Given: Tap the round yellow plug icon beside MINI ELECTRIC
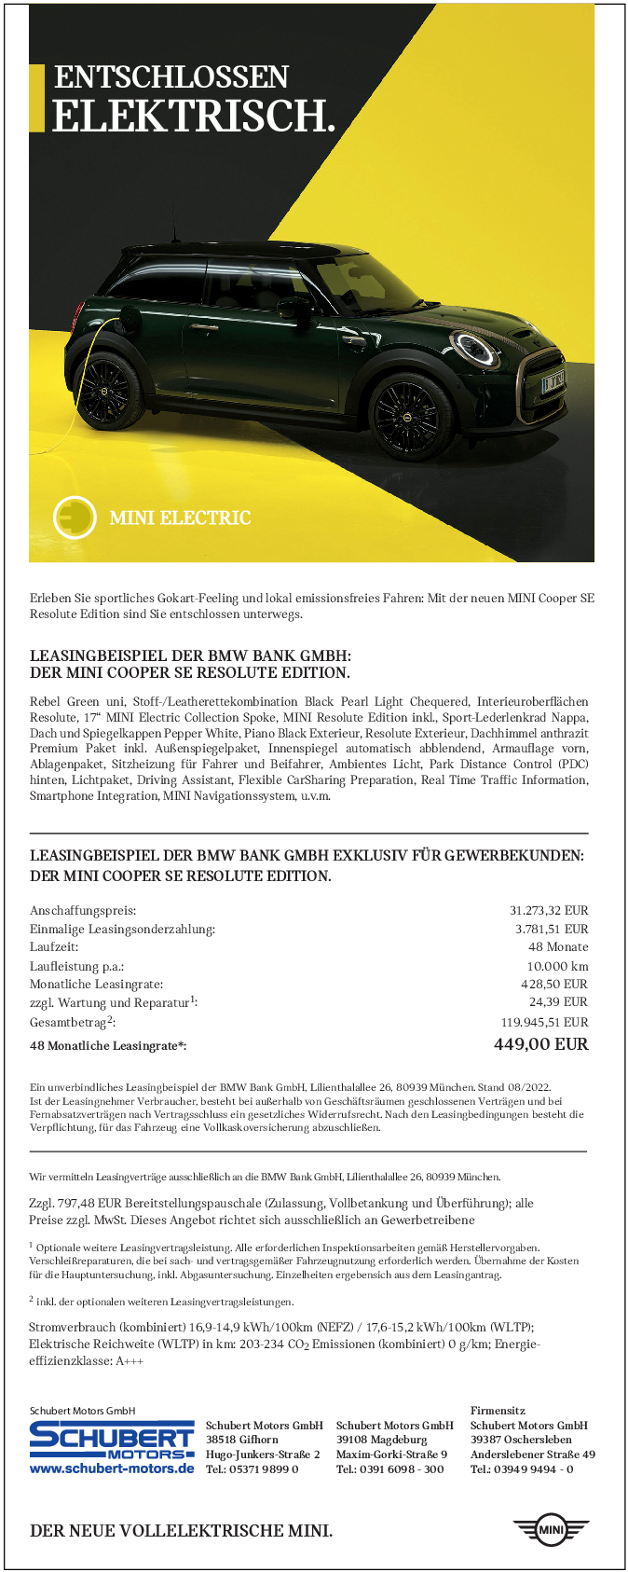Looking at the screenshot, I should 75,517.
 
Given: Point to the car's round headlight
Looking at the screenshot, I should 474,349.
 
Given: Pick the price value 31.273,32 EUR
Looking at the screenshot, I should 549,910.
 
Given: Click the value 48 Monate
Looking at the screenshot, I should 558,946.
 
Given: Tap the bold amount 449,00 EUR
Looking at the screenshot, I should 540,1043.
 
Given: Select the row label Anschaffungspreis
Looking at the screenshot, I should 83,910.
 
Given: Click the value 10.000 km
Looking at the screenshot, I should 557,966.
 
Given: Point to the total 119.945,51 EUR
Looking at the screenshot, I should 545,1022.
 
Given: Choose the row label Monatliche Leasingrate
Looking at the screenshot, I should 96,984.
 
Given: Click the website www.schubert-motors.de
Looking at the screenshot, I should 112,1469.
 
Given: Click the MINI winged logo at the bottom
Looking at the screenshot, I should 552,1530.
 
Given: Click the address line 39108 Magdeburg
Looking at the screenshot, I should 382,1440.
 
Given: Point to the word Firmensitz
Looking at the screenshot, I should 498,1411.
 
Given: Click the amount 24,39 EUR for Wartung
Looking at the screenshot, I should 558,1001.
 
